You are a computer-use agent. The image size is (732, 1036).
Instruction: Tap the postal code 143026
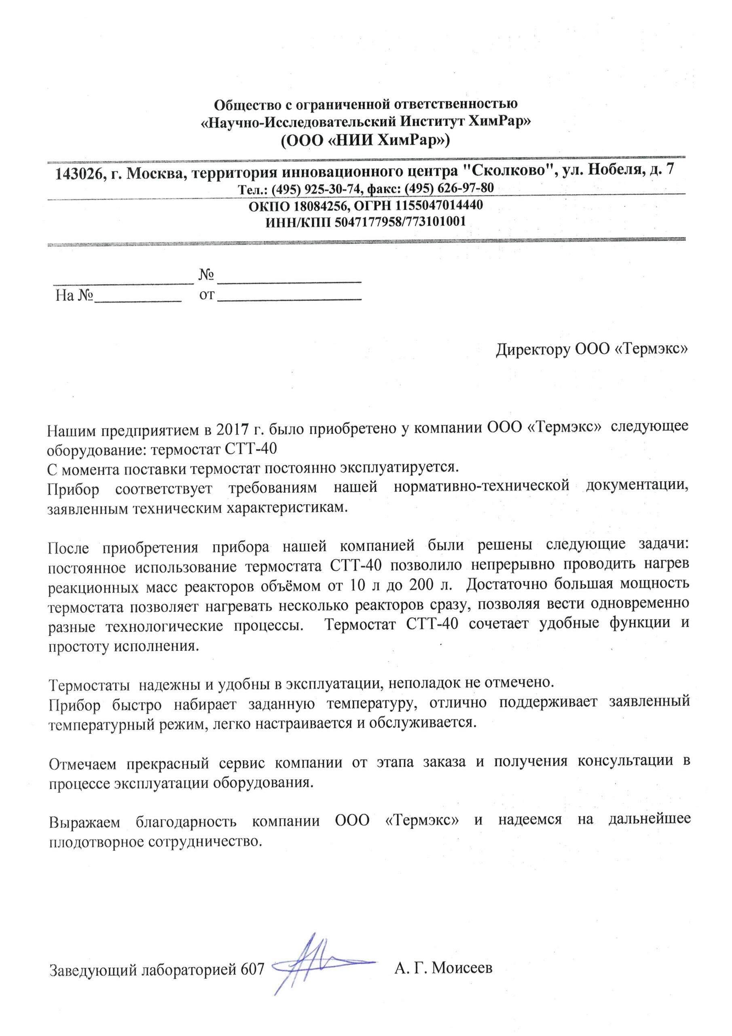(79, 174)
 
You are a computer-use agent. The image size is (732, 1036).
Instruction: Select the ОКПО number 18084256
(322, 206)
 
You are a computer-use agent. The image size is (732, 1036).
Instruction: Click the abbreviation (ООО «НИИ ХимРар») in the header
(365, 141)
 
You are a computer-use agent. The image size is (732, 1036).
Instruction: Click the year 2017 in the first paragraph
(233, 429)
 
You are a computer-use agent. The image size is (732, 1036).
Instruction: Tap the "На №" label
(74, 296)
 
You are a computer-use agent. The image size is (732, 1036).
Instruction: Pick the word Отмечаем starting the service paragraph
(83, 764)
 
